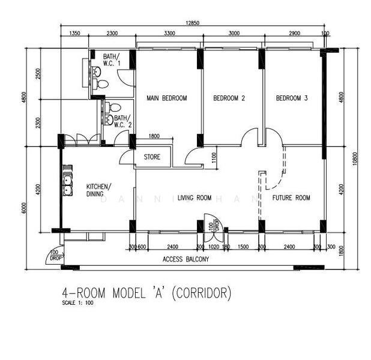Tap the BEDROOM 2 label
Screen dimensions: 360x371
[229, 98]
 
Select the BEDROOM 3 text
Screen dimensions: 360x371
[292, 98]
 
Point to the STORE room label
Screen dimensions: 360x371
[152, 158]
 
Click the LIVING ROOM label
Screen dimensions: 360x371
[195, 197]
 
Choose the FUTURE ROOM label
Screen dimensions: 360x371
[291, 197]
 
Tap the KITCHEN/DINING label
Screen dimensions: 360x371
[98, 190]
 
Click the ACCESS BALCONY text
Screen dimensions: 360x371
[186, 259]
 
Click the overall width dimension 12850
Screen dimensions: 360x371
[192, 22]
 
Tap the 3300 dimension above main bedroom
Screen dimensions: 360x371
[170, 34]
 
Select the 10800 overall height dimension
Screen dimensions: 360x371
[355, 158]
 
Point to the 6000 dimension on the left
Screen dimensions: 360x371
[25, 207]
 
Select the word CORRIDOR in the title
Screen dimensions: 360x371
[202, 293]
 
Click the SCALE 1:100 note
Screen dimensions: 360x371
[77, 303]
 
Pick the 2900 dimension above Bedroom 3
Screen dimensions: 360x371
[294, 34]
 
